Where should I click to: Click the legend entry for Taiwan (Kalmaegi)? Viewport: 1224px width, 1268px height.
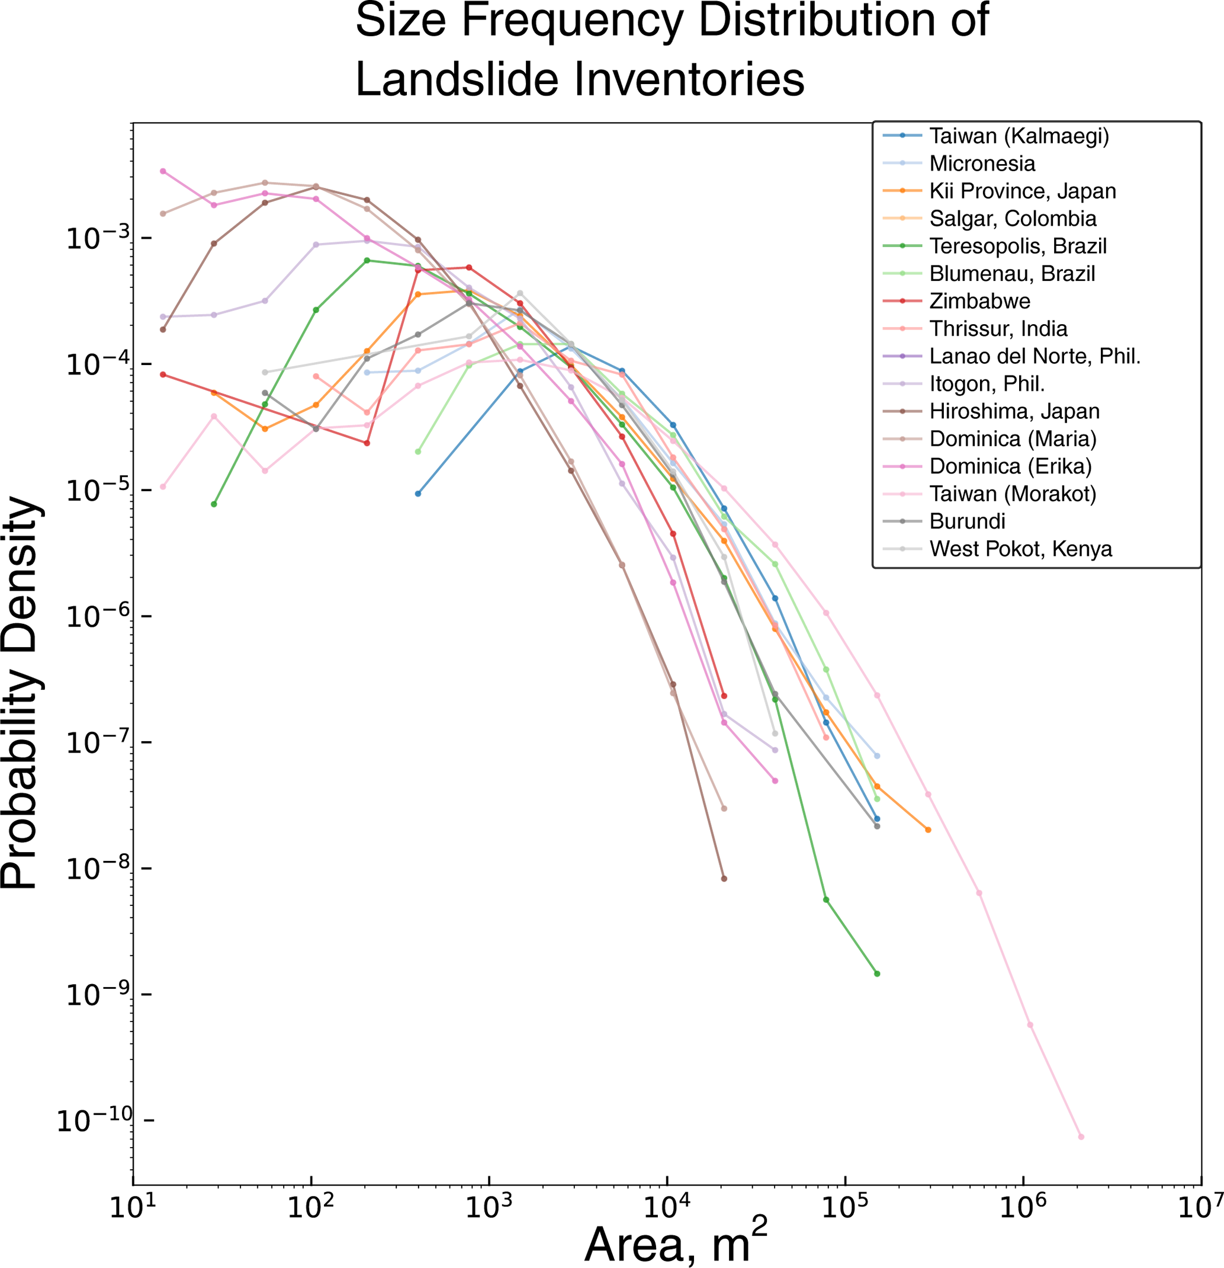[1019, 136]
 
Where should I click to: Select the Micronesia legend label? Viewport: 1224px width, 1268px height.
[982, 164]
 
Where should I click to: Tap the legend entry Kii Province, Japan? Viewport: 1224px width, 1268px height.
[1022, 191]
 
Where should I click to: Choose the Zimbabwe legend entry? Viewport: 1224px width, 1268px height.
[979, 301]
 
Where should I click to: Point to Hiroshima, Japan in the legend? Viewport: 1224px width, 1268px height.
[1014, 411]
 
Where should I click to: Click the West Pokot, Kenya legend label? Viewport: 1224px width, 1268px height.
[1020, 549]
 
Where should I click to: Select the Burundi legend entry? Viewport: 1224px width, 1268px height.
[968, 521]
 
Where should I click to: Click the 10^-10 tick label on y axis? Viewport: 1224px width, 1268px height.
[94, 1120]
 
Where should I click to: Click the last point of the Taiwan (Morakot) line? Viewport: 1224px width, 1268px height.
[1081, 1136]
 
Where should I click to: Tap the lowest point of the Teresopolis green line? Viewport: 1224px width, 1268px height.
[877, 974]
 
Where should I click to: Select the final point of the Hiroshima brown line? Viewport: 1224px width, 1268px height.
[724, 879]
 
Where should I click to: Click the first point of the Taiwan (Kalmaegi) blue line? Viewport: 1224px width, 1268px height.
[417, 494]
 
